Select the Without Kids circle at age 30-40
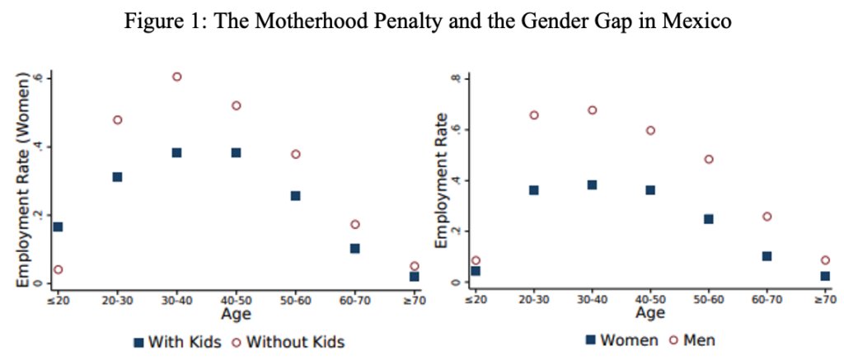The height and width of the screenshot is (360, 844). [x=176, y=77]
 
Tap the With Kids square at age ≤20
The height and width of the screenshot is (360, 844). [x=58, y=227]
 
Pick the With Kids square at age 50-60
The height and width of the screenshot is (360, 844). [x=295, y=195]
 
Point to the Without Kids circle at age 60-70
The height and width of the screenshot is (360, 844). [x=354, y=224]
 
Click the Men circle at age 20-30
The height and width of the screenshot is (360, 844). [x=534, y=115]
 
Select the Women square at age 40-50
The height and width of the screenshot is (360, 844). [x=650, y=189]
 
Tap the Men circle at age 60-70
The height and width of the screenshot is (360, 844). [x=767, y=216]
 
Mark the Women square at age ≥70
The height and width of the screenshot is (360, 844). [x=825, y=276]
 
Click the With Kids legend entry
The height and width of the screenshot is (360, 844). [x=177, y=341]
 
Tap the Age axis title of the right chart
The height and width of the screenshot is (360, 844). [x=650, y=314]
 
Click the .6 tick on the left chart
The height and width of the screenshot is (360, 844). [x=38, y=78]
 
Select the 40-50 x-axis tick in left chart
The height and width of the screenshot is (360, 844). [x=236, y=300]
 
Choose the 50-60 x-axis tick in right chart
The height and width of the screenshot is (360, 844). [x=708, y=300]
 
